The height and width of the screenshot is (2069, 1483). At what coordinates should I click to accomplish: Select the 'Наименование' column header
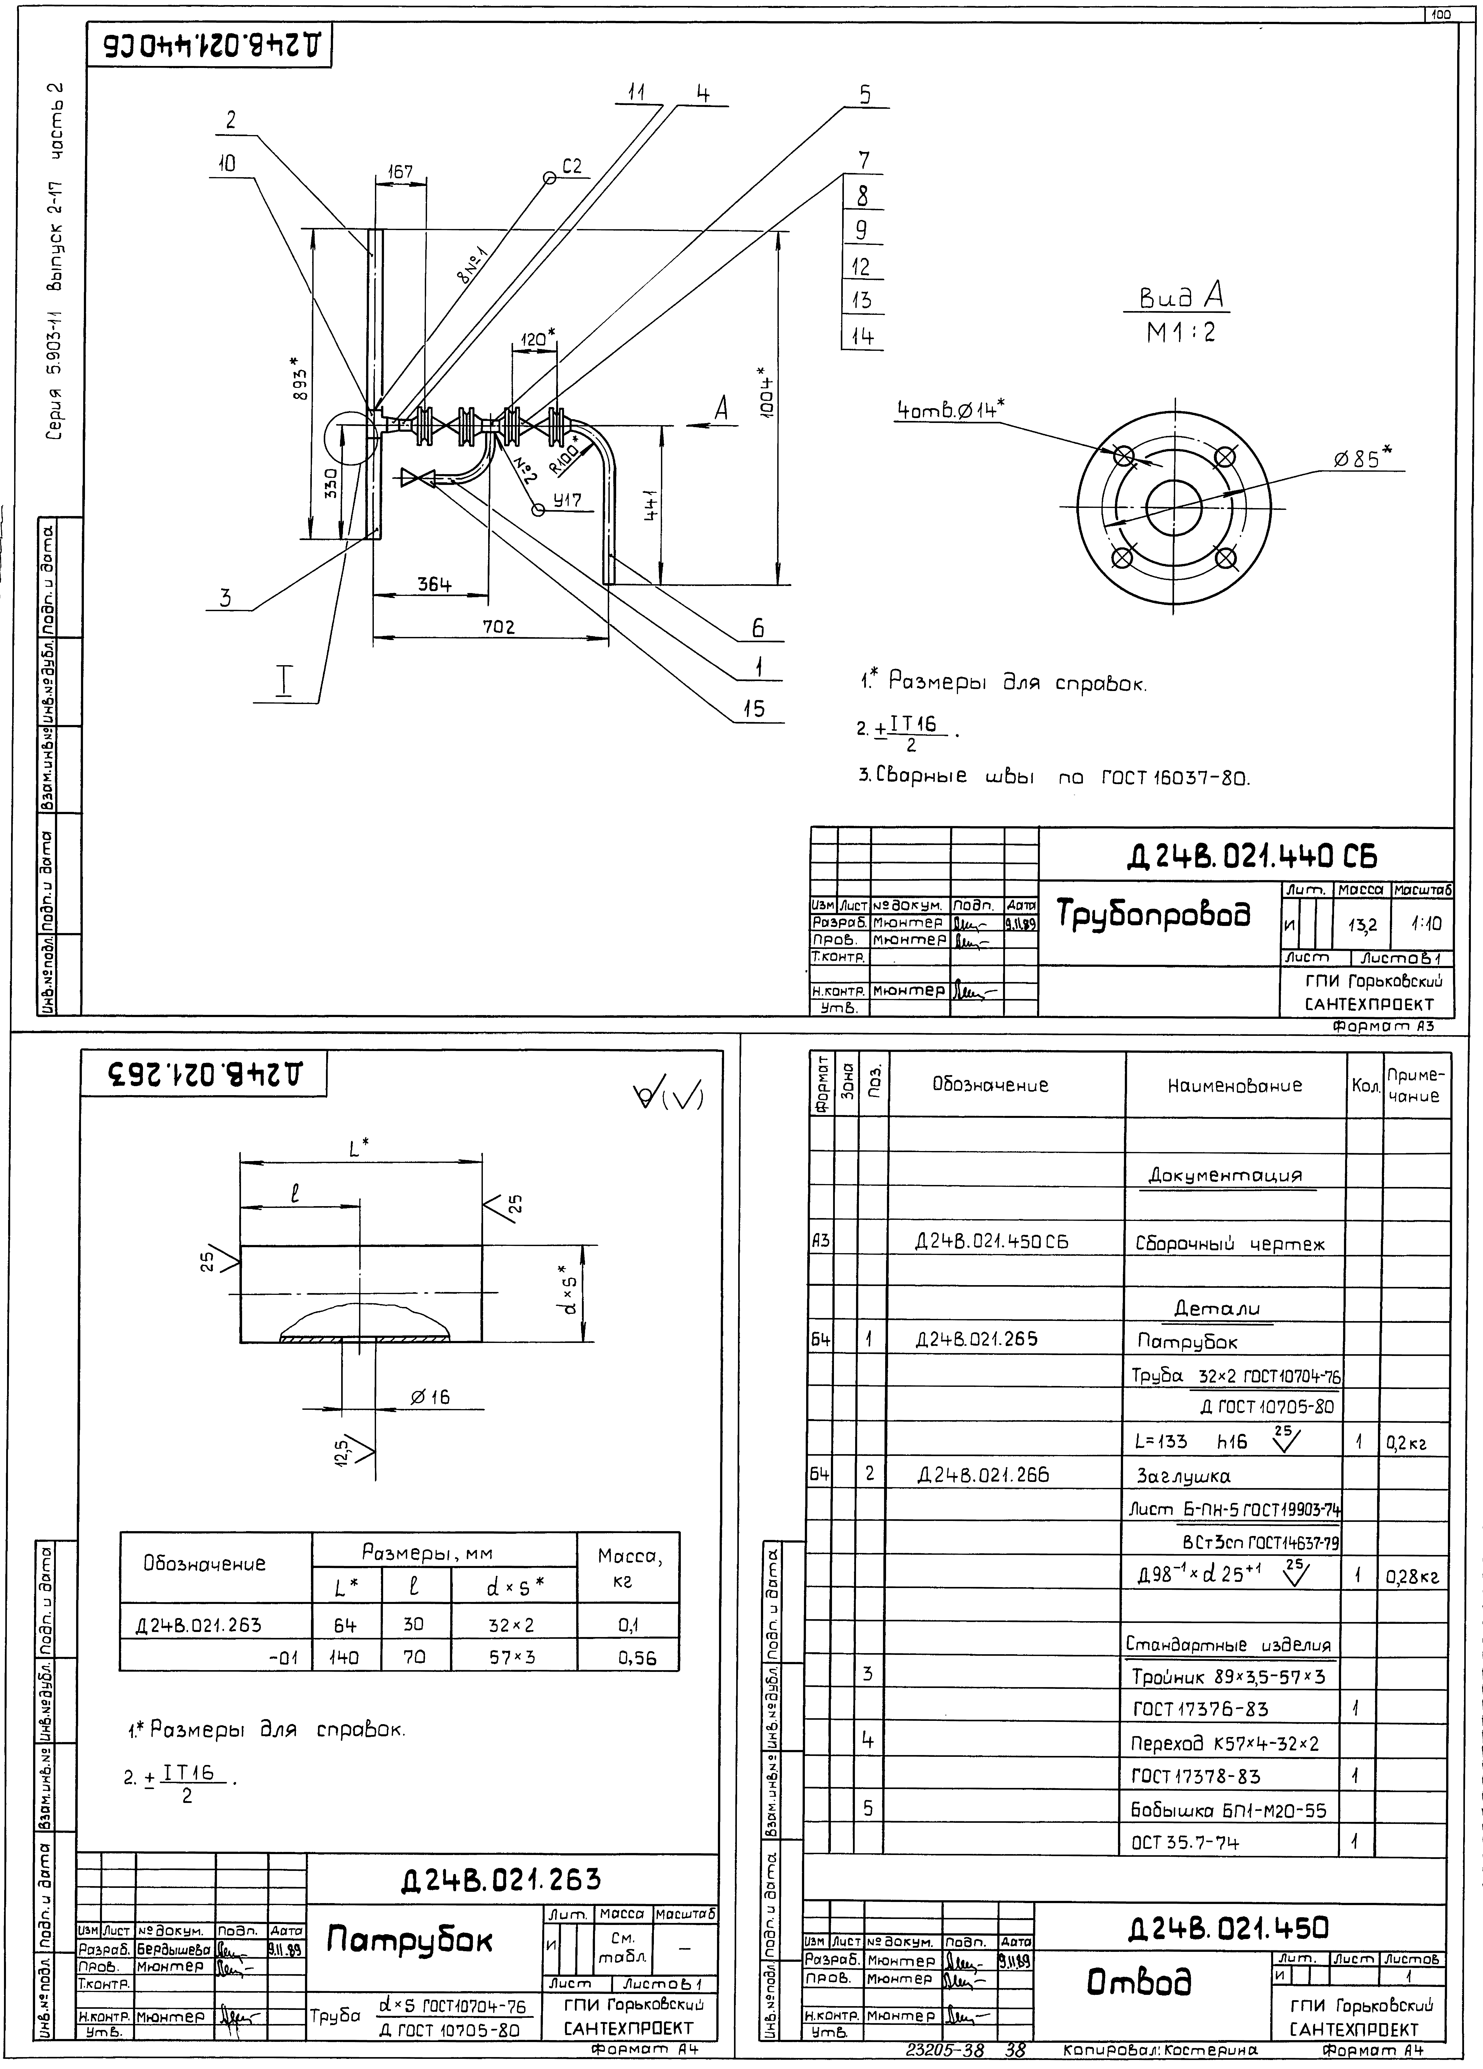tap(1235, 1086)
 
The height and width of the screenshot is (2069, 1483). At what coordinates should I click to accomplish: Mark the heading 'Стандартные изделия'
tap(1227, 1645)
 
